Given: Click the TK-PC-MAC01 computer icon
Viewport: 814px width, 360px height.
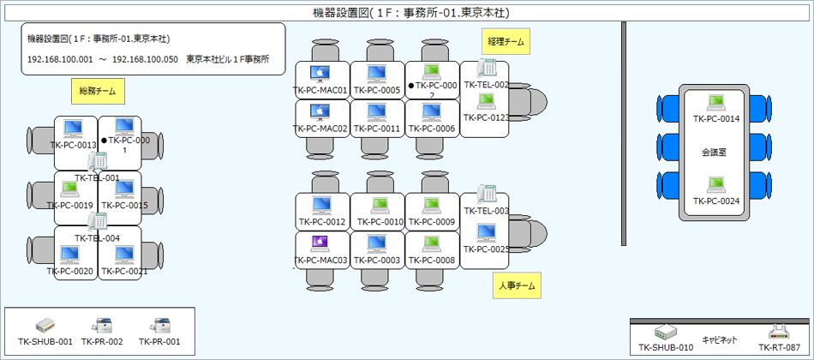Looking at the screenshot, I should (320, 74).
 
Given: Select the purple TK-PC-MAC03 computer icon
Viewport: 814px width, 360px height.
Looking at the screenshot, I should (320, 243).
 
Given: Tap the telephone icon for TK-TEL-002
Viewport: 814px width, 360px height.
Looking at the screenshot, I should (488, 68).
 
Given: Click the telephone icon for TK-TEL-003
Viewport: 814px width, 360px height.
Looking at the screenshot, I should (488, 193).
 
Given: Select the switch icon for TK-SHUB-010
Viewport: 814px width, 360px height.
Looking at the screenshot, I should (666, 333).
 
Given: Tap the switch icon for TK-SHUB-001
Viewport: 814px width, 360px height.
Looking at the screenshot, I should (46, 326).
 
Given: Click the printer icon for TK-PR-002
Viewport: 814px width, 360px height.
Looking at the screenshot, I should (103, 326).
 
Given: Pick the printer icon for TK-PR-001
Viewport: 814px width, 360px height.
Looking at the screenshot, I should (160, 326).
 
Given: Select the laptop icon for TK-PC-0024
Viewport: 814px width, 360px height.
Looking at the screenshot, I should (715, 184).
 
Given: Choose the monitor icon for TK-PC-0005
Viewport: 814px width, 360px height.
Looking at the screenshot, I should (377, 74).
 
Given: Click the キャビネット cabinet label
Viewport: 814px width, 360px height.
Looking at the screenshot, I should (721, 339).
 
